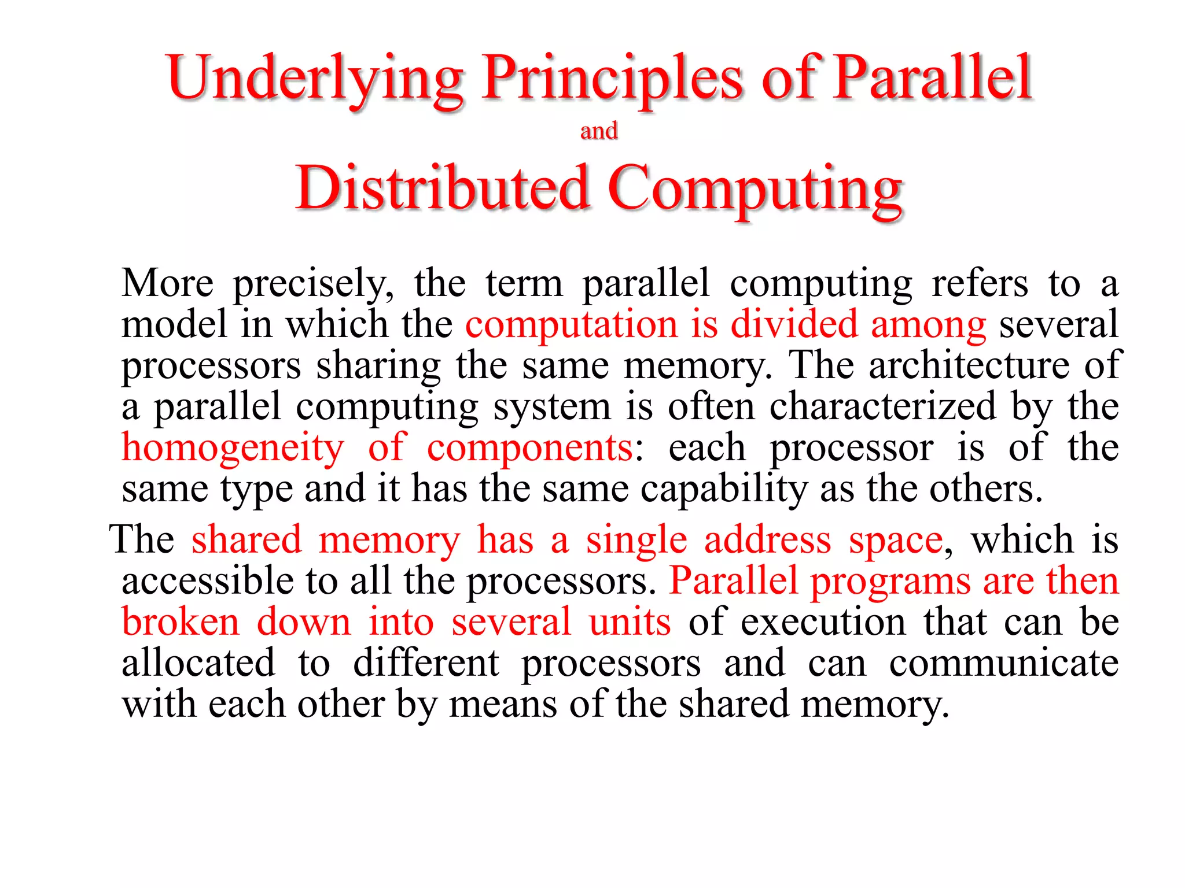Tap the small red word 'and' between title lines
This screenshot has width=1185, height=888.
pyautogui.click(x=599, y=131)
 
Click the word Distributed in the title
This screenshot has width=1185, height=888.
pyautogui.click(x=443, y=188)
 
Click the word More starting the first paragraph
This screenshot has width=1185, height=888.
pyautogui.click(x=168, y=283)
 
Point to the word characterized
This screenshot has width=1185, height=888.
pyautogui.click(x=883, y=406)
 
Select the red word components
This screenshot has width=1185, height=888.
pyautogui.click(x=530, y=449)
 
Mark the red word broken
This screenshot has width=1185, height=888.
pyautogui.click(x=181, y=623)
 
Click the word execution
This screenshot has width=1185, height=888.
pyautogui.click(x=823, y=623)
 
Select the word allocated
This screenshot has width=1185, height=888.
pyautogui.click(x=198, y=664)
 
